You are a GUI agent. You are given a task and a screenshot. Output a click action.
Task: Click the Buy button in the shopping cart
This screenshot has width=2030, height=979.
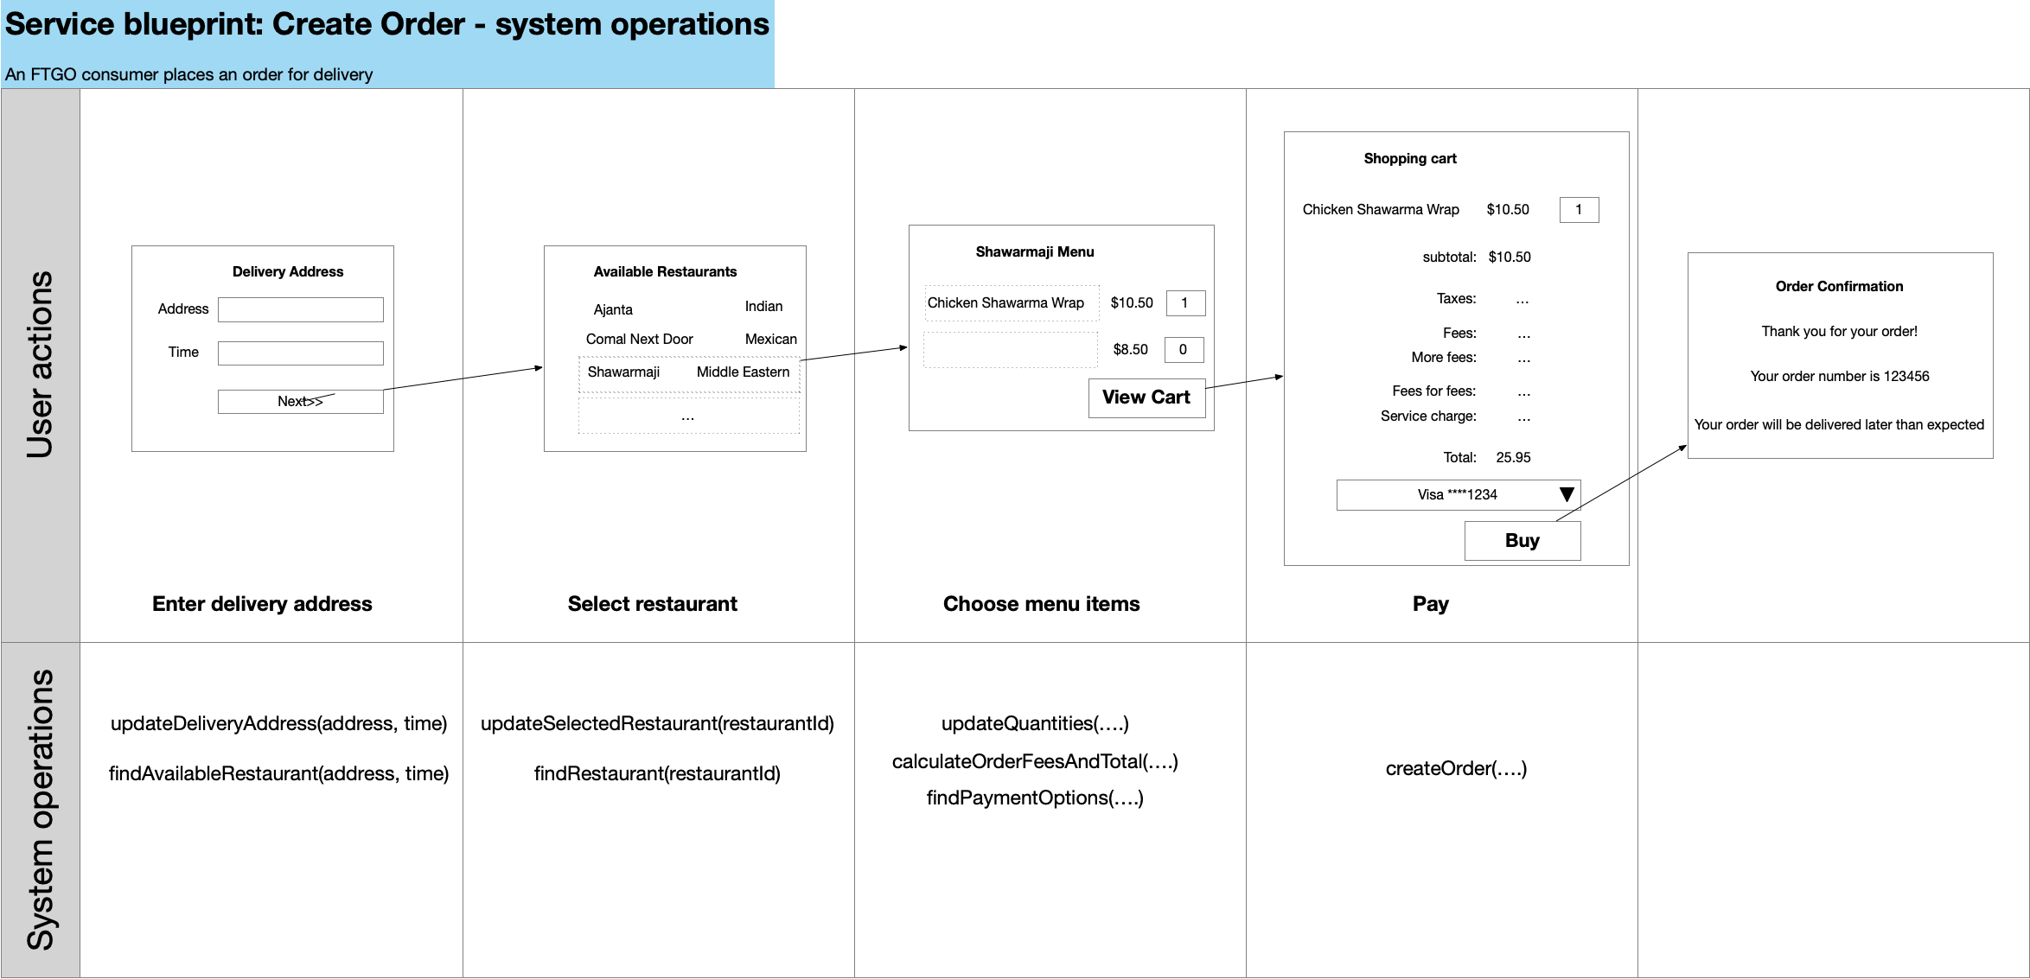coord(1522,541)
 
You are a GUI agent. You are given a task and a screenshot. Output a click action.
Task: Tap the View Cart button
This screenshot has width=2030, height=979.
coord(1146,397)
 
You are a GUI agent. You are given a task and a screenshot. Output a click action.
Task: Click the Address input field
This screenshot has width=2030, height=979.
coord(301,309)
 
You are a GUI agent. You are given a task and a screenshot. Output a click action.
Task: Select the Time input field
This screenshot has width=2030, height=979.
coord(301,353)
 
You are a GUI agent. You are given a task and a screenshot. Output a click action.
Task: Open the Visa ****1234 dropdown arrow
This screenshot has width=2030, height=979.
coord(1567,495)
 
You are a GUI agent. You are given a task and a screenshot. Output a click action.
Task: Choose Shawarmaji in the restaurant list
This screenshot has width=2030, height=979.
coord(623,372)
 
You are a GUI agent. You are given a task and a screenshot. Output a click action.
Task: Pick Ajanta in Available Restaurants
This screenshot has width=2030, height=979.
coord(613,310)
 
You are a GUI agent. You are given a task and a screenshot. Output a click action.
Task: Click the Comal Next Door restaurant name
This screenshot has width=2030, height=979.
coord(640,340)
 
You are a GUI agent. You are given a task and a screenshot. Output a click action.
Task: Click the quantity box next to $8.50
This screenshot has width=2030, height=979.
coord(1184,350)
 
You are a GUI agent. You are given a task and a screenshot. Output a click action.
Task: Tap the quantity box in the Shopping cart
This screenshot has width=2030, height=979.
coord(1579,210)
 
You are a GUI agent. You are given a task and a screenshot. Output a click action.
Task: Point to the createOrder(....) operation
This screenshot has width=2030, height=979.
coord(1456,768)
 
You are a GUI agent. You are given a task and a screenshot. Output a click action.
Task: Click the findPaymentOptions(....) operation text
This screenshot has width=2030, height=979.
coord(1035,798)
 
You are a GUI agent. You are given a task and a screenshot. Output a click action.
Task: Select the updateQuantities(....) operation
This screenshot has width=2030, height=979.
coord(1035,723)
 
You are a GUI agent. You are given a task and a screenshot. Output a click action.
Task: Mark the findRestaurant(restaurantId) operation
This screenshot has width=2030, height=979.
coord(657,773)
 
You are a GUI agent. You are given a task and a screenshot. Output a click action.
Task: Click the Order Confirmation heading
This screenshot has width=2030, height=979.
coord(1839,287)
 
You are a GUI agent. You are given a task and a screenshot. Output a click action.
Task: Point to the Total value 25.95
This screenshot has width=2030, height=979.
coord(1513,458)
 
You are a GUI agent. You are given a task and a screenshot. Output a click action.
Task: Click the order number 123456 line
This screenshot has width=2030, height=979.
coord(1840,377)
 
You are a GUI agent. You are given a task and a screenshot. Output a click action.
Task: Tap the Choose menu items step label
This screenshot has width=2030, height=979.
coord(1041,604)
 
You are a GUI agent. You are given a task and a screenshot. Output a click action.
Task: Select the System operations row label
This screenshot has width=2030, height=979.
coord(41,811)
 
